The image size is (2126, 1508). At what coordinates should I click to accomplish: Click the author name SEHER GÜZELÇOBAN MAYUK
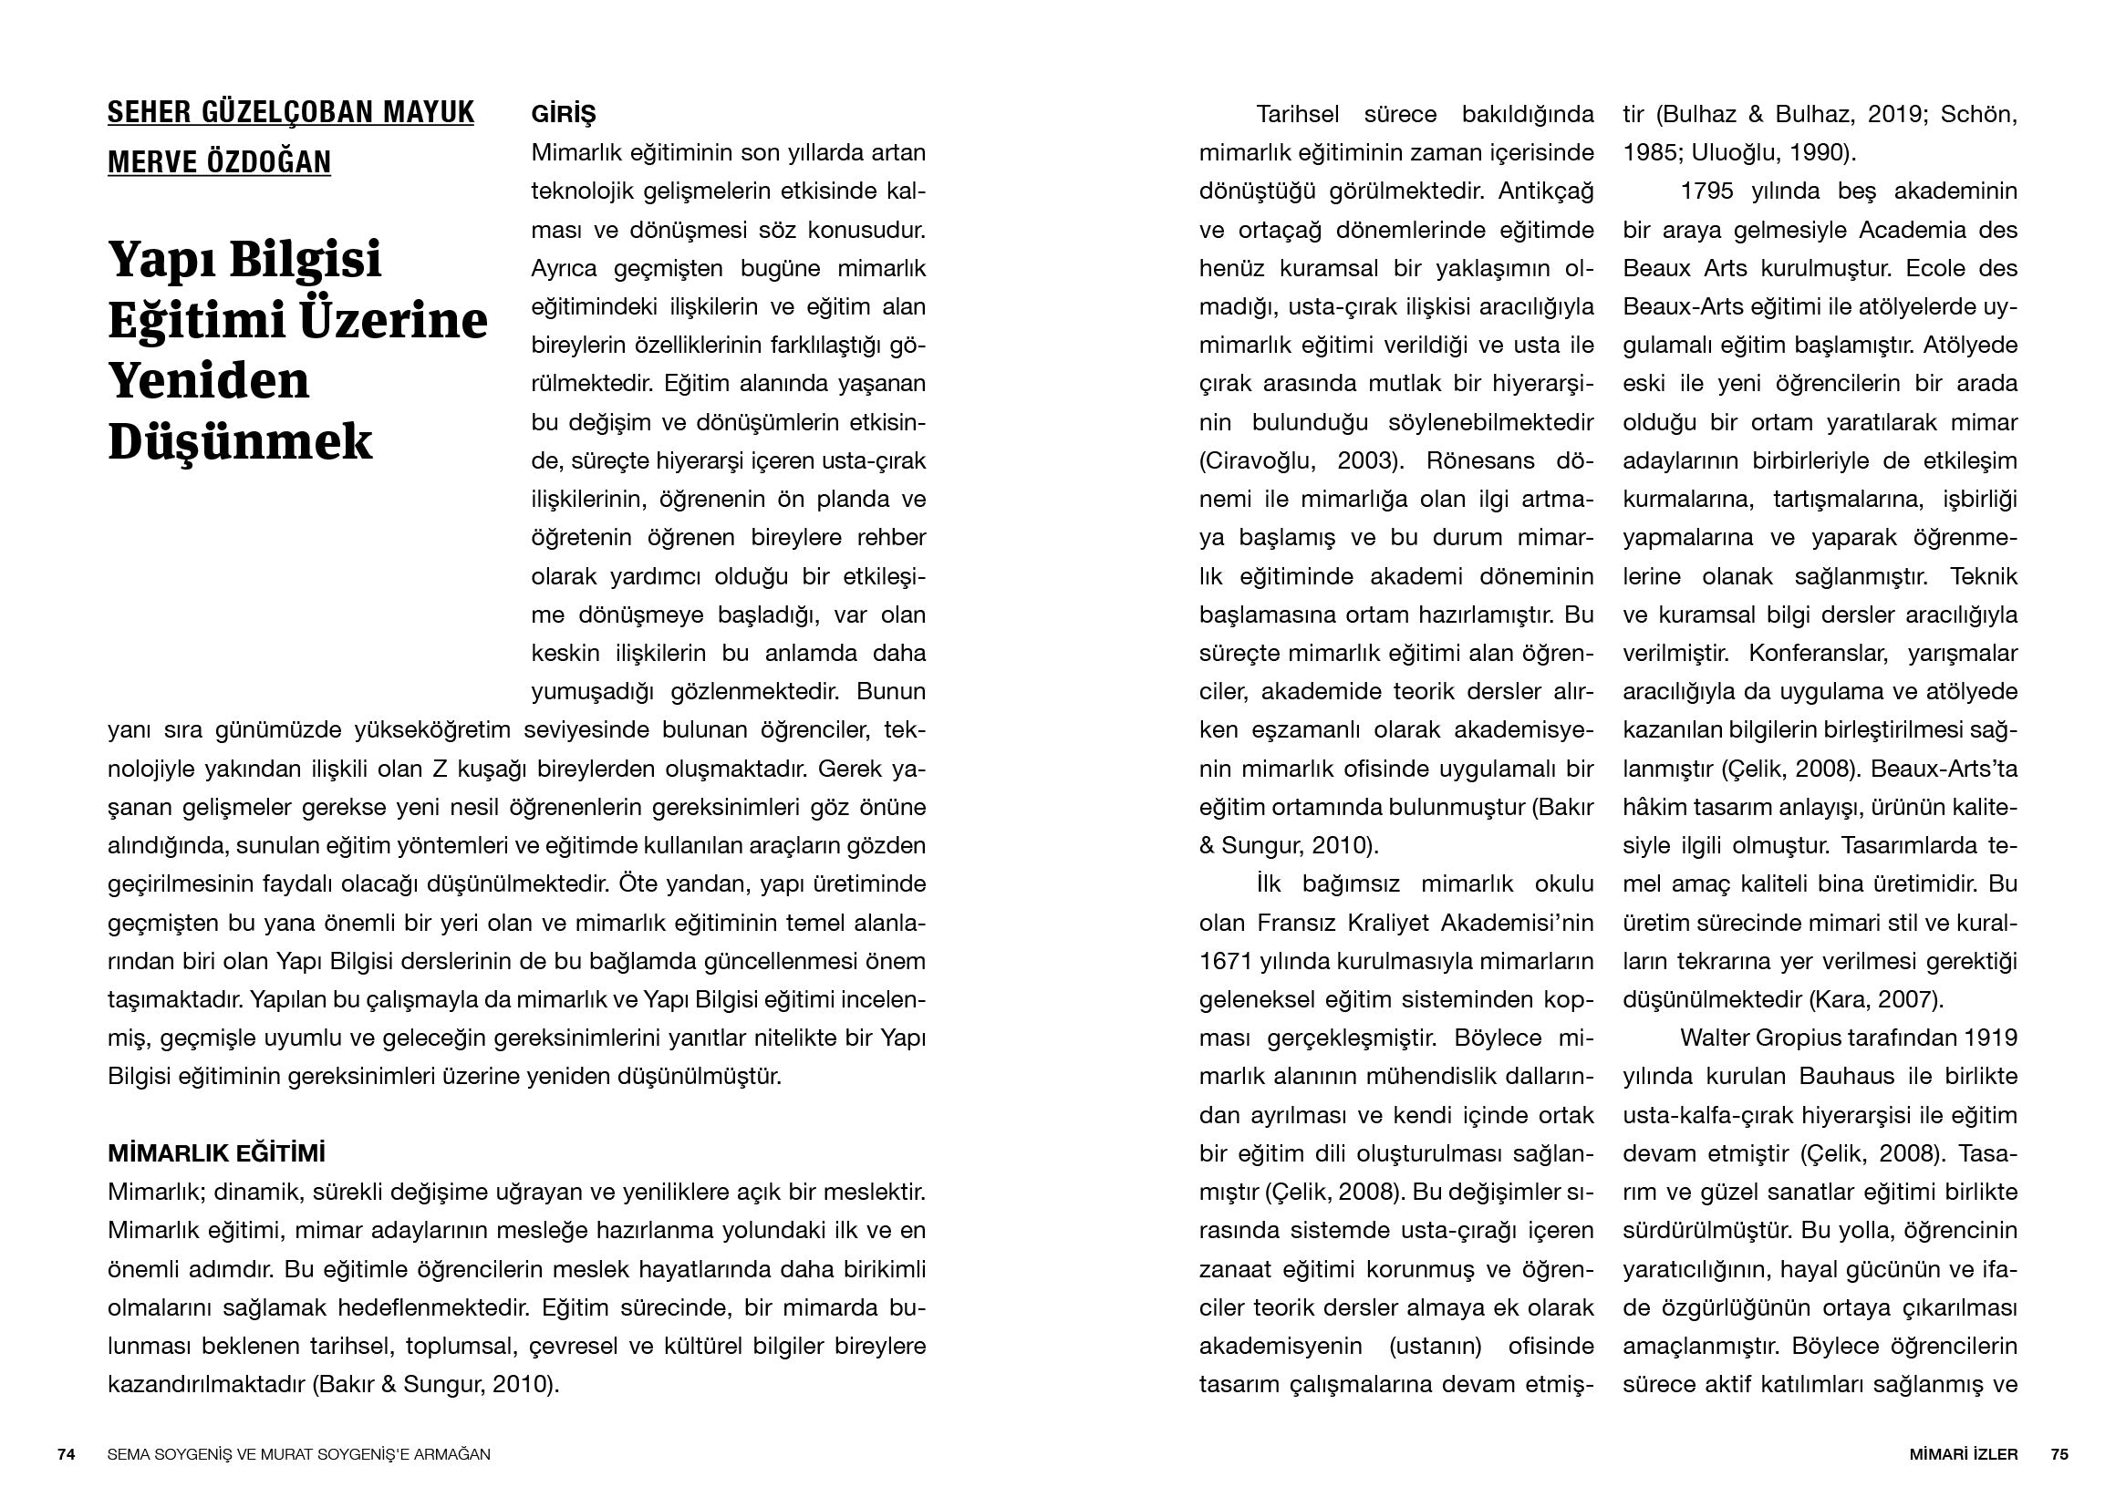pos(291,113)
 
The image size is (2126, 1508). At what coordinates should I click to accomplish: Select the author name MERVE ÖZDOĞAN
pos(219,161)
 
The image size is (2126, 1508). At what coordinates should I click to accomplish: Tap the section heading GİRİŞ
pos(563,114)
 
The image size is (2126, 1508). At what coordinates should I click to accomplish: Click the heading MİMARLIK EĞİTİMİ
pos(216,1153)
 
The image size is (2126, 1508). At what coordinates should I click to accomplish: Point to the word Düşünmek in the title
pos(240,441)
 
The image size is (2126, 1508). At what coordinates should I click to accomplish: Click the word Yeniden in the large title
pos(209,380)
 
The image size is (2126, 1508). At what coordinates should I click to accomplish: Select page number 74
pos(66,1454)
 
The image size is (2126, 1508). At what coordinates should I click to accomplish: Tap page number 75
pos(2059,1454)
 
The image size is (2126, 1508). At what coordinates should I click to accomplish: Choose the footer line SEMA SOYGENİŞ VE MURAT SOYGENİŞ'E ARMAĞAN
pos(299,1454)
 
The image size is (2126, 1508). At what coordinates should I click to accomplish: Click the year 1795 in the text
pos(1707,191)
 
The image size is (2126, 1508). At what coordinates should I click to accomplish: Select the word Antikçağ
pos(1546,191)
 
